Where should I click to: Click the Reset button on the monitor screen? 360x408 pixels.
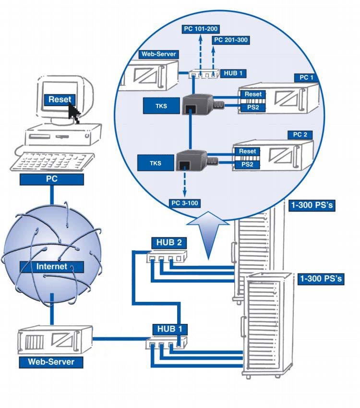(60, 99)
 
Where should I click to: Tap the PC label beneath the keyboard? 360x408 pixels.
(52, 180)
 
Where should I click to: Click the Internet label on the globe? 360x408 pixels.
(52, 266)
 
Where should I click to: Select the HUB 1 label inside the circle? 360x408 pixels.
(235, 74)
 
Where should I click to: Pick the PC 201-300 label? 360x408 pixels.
(230, 40)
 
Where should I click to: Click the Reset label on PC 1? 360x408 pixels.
(253, 94)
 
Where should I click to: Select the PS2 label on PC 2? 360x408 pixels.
(247, 165)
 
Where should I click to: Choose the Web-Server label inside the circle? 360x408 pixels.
(158, 54)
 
